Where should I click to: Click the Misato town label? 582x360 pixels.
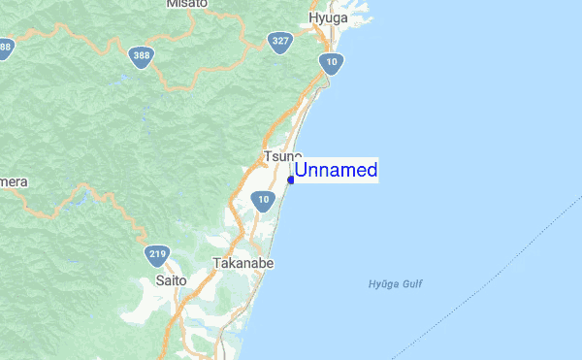coord(187,4)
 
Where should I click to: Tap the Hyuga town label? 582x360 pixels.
coord(328,18)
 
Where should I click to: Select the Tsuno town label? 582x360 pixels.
coord(281,156)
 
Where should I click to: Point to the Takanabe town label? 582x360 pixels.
coord(240,262)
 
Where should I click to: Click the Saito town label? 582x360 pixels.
coord(171,280)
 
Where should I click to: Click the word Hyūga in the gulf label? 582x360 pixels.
coord(382,284)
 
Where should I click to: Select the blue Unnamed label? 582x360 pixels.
coord(336,171)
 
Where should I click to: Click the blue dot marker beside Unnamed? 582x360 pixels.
coord(291,180)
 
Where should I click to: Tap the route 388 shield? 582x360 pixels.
coord(143,57)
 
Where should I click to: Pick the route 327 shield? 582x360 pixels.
coord(281,42)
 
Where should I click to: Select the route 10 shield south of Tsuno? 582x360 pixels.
coord(262,201)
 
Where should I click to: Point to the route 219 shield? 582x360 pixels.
coord(158,255)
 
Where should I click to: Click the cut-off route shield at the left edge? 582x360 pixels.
coord(5,48)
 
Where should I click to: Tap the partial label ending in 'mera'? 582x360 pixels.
coord(13,182)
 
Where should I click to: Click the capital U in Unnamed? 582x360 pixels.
coord(302,171)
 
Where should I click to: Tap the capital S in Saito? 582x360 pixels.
coord(159,280)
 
